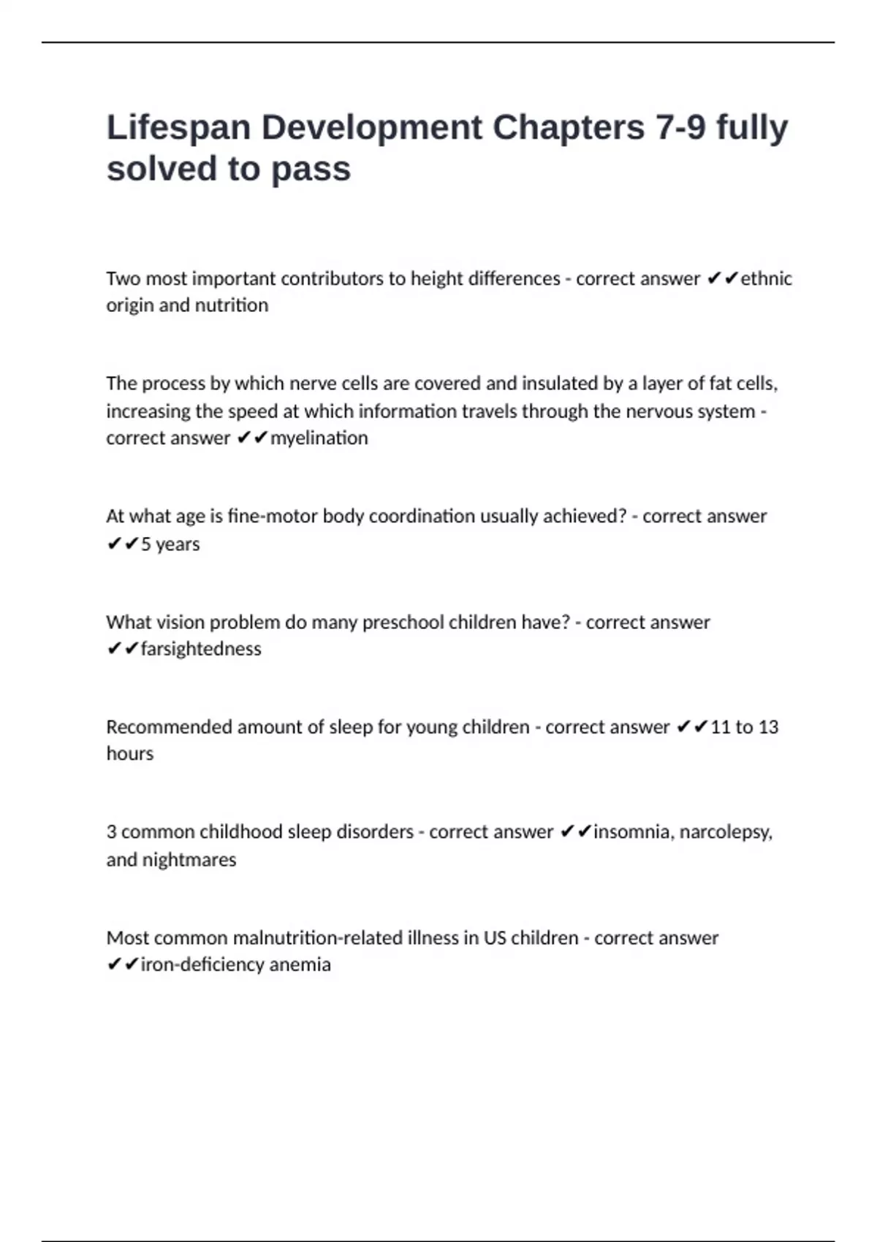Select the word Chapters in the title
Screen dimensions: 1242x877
[568, 129]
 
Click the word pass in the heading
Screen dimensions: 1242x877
[311, 169]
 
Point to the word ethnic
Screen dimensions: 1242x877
[766, 278]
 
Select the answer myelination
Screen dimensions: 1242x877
[319, 438]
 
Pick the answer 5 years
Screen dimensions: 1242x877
[170, 544]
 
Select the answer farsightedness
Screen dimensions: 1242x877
[201, 649]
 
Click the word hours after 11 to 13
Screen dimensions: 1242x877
[130, 754]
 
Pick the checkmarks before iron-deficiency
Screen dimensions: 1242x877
[123, 965]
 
